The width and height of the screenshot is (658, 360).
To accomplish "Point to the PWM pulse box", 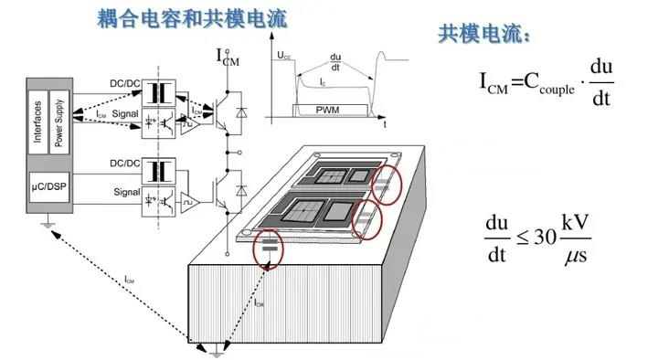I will click(327, 110).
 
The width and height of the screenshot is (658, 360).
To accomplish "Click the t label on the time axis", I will click(385, 122).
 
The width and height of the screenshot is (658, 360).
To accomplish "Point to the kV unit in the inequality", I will click(577, 222).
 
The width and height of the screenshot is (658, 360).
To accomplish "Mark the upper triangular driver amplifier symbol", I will click(189, 124).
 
